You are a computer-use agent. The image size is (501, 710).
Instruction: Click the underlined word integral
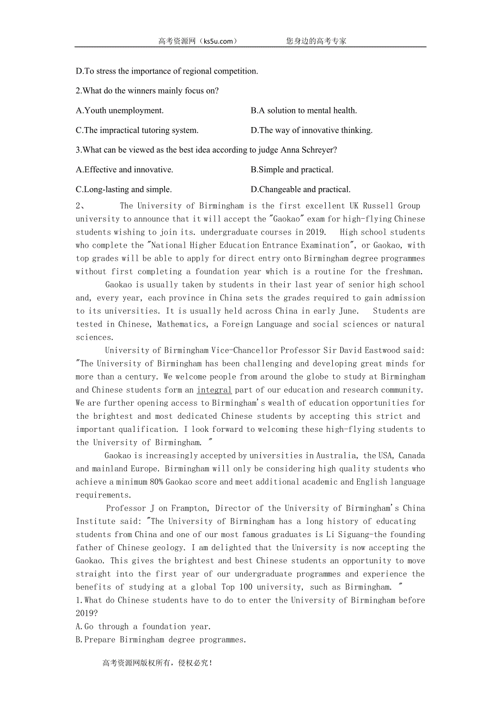[x=214, y=390]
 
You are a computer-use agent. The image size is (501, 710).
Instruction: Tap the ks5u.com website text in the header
[x=218, y=41]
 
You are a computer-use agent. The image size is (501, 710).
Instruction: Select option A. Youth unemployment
[x=120, y=111]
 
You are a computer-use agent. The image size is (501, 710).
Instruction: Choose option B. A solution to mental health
[x=304, y=111]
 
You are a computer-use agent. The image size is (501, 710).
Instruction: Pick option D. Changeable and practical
[x=301, y=190]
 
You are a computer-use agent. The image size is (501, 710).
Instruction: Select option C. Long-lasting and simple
[x=124, y=190]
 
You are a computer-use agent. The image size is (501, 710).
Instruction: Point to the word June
[x=347, y=311]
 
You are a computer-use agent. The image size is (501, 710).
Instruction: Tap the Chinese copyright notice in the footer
[x=157, y=663]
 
